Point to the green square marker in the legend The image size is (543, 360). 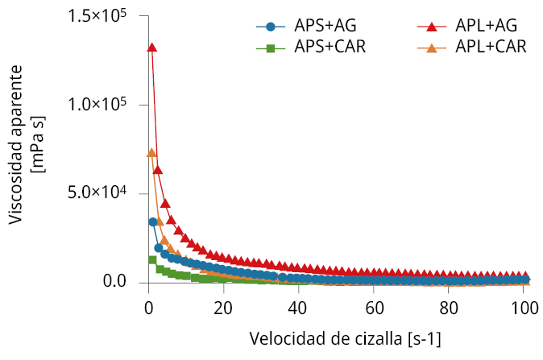pos(271,48)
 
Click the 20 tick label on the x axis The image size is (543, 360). pos(223,307)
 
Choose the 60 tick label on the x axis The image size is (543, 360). pos(374,307)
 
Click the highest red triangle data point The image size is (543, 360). pos(151,48)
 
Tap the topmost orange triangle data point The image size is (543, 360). pos(151,153)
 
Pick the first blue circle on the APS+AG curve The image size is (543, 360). pos(152,221)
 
